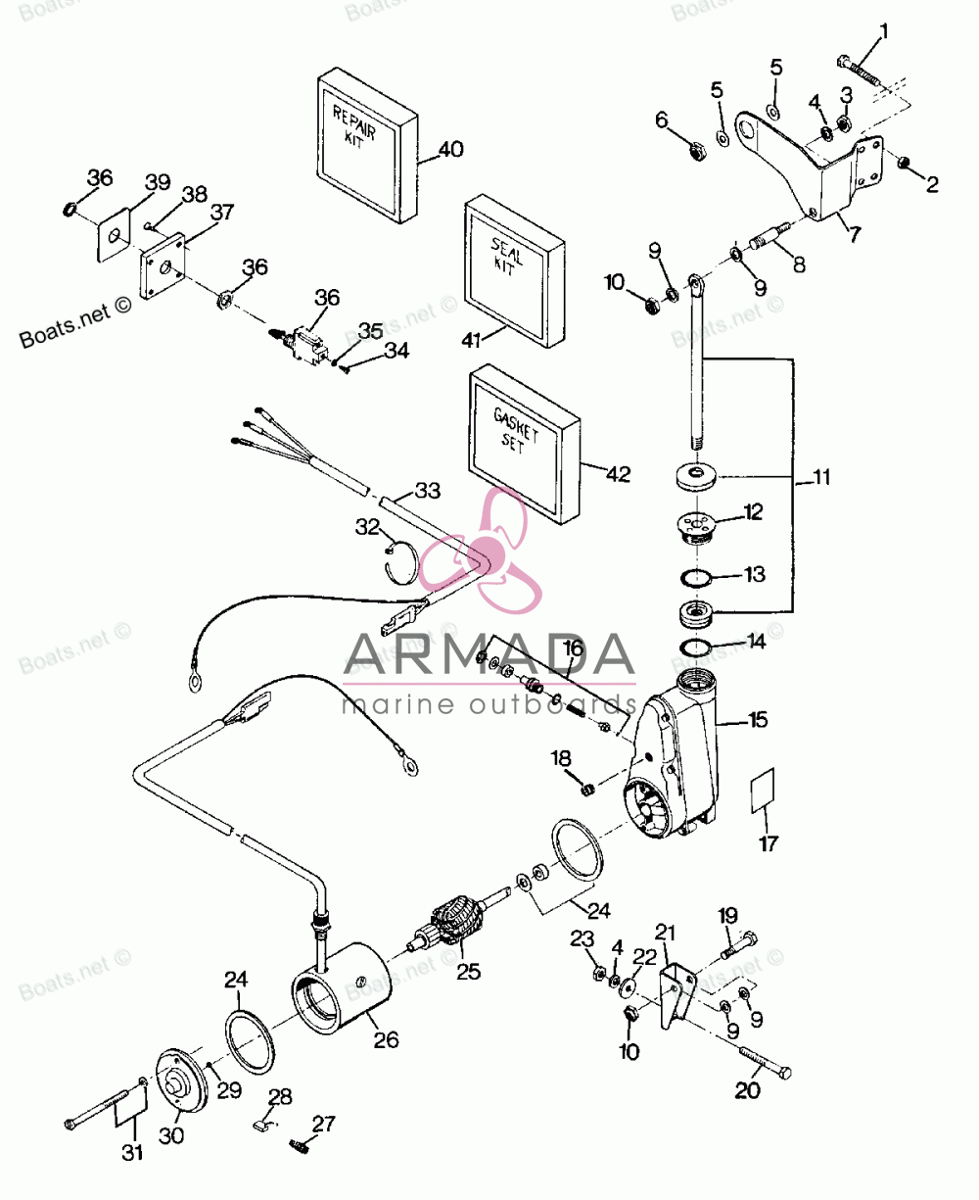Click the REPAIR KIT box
367,146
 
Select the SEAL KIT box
514,271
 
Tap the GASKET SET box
524,444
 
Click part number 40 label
451,149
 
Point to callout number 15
759,720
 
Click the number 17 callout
769,843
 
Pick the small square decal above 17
763,791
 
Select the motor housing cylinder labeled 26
340,988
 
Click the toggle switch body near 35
305,343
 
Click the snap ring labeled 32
402,562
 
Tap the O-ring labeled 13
695,578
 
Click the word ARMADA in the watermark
489,653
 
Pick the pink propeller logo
481,550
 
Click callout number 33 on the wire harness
428,491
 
